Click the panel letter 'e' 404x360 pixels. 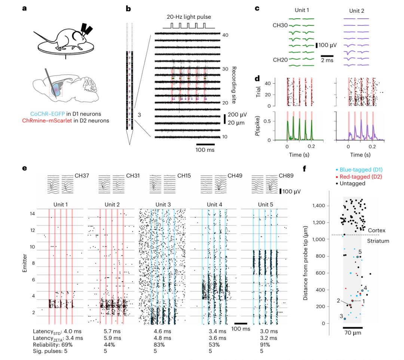[24, 169]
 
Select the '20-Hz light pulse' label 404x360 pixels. [189, 17]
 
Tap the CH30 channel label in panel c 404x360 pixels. [280, 25]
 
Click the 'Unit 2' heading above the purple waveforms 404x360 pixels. [356, 11]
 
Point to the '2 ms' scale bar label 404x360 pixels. [327, 60]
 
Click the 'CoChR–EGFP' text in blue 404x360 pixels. [48, 114]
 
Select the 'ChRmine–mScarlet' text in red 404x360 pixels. [47, 121]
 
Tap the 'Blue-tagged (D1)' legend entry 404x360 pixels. [361, 170]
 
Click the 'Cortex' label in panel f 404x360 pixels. [376, 231]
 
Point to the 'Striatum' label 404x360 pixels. [378, 241]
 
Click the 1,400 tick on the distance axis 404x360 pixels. [319, 206]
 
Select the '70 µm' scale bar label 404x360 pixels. [353, 333]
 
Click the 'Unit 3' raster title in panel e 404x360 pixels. [163, 204]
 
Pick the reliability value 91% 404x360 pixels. [265, 345]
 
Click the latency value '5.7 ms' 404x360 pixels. [112, 332]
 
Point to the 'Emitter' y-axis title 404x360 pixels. [25, 263]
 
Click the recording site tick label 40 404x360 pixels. [225, 35]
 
